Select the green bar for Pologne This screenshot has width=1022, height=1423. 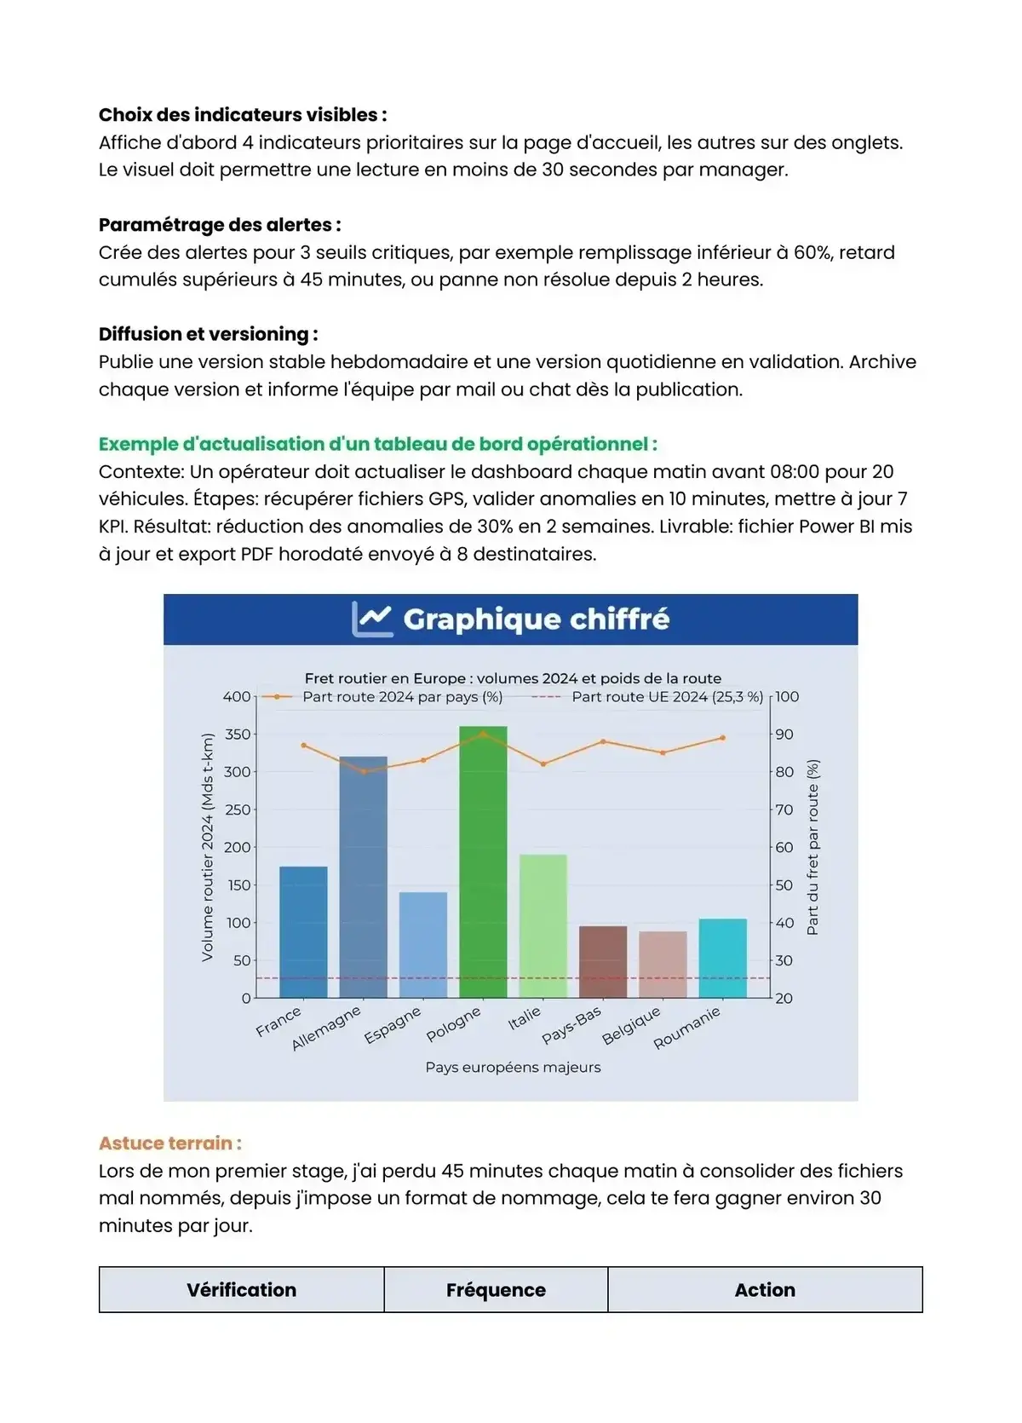pyautogui.click(x=483, y=861)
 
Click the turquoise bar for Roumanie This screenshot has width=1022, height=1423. pyautogui.click(x=723, y=958)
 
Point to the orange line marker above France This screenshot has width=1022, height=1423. pyautogui.click(x=304, y=746)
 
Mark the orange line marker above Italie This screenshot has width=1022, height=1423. pyautogui.click(x=543, y=763)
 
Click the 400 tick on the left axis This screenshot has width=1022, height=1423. pyautogui.click(x=237, y=697)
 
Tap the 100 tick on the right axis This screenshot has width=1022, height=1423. pyautogui.click(x=787, y=697)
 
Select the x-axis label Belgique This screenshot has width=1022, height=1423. pyautogui.click(x=632, y=1025)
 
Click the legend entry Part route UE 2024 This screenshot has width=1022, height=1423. pyautogui.click(x=667, y=697)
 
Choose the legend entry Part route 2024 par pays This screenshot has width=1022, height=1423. pyautogui.click(x=402, y=697)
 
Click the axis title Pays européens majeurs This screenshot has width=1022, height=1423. pyautogui.click(x=513, y=1067)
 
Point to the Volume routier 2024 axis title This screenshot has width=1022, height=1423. pyautogui.click(x=207, y=847)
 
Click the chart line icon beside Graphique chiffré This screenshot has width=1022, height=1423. pyautogui.click(x=372, y=619)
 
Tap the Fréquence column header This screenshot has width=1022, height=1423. pyautogui.click(x=496, y=1290)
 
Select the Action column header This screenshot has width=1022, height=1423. pyautogui.click(x=765, y=1290)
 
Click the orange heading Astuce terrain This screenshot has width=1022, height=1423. pyautogui.click(x=169, y=1143)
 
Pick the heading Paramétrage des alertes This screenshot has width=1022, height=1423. pyautogui.click(x=220, y=225)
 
